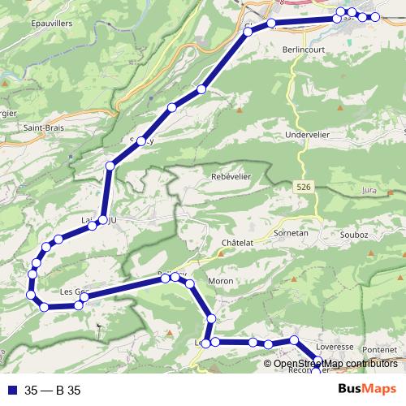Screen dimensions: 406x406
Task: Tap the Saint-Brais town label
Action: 42,127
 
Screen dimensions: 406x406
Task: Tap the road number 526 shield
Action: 303,187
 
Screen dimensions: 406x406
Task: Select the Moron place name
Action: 221,281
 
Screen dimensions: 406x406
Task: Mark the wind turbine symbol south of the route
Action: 101,328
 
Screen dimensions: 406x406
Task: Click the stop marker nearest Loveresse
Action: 295,340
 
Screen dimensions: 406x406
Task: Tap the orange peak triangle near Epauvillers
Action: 6,83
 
